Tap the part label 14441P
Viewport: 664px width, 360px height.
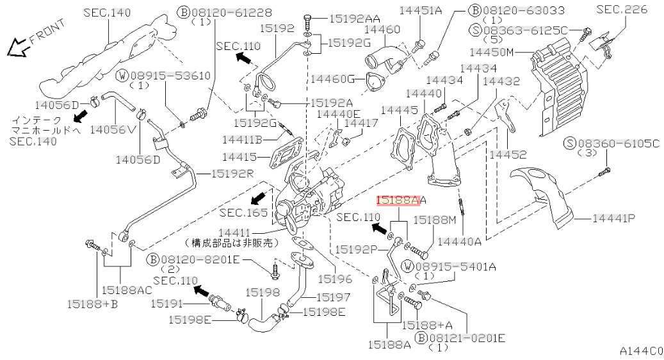click(613, 218)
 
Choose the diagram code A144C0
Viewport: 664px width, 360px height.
click(641, 350)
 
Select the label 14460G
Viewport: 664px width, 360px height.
click(333, 78)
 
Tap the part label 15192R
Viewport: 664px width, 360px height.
click(223, 174)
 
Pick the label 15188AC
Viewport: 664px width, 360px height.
click(126, 290)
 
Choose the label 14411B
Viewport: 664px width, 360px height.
click(246, 139)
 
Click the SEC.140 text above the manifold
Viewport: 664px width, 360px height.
click(106, 12)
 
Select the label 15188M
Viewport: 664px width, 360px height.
click(434, 219)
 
